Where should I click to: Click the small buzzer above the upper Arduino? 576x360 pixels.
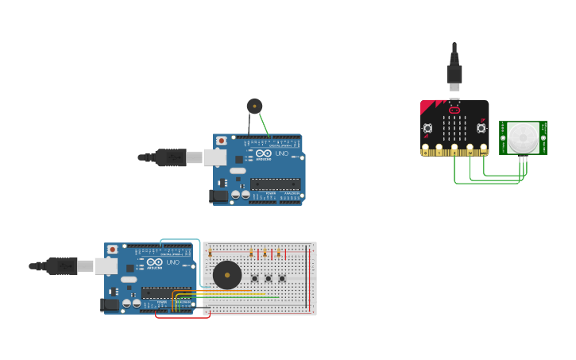(254, 106)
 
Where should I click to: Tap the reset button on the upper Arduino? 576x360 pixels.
(221, 141)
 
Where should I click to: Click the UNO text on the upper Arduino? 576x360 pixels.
(282, 153)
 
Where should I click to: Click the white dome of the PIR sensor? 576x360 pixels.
(523, 138)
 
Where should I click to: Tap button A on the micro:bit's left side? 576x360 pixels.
(427, 128)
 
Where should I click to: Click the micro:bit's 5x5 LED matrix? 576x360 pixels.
(454, 127)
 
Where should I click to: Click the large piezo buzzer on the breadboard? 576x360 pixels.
(227, 275)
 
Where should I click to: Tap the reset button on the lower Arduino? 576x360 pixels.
(113, 250)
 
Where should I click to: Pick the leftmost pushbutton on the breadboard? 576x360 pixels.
(255, 278)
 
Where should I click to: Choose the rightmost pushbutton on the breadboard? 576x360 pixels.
(282, 278)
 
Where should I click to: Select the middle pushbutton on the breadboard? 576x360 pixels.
(269, 278)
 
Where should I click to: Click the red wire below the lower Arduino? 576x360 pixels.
(183, 317)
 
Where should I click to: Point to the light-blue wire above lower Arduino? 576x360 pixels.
(180, 239)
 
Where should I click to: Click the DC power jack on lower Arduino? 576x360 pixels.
(109, 304)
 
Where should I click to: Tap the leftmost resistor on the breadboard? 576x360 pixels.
(211, 254)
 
